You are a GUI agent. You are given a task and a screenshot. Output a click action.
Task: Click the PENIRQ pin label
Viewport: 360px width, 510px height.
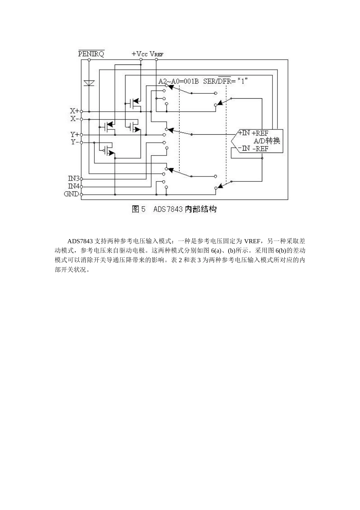tap(91, 54)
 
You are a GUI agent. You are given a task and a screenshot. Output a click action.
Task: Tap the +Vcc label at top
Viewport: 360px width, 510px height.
tap(139, 54)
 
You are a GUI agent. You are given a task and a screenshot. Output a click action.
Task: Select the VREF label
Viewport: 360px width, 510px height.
tap(157, 54)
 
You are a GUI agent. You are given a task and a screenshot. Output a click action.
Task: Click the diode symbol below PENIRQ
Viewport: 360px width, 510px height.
tap(89, 83)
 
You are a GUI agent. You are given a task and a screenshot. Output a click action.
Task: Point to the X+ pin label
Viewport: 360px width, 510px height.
tap(74, 111)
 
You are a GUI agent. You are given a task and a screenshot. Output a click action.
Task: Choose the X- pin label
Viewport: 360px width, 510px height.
tap(74, 119)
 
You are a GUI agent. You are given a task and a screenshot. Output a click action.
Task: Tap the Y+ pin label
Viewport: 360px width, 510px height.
tap(74, 135)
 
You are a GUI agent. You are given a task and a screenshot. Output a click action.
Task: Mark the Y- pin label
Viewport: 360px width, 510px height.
tap(74, 142)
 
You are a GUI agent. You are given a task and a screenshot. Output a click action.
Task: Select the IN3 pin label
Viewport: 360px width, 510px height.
tap(74, 178)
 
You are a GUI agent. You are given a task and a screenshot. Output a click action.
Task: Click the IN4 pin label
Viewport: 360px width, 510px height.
tap(74, 186)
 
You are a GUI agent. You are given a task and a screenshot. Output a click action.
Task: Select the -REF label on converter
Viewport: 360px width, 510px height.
tap(260, 148)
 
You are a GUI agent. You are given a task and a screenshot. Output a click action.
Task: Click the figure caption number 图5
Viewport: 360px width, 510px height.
tap(138, 209)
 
